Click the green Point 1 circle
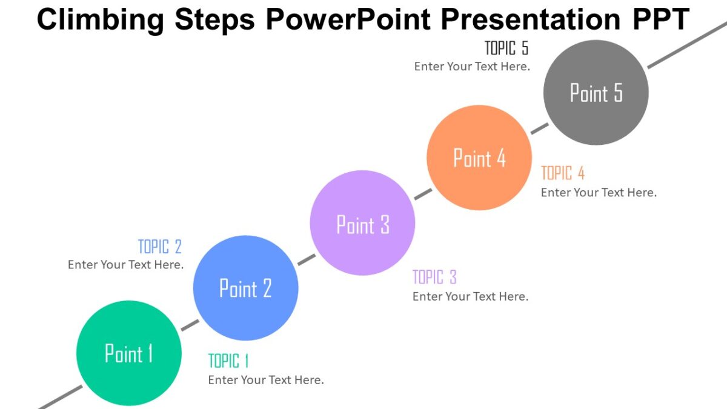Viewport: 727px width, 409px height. click(128, 353)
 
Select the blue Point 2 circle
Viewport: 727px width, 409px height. click(245, 288)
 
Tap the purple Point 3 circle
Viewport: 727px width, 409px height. click(362, 223)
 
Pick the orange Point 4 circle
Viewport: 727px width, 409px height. click(479, 158)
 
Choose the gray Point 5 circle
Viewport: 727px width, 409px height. click(596, 93)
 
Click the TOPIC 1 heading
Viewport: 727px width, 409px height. click(228, 361)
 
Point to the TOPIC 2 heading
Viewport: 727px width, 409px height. click(160, 247)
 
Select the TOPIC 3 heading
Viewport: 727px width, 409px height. click(434, 278)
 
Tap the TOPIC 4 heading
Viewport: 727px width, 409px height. click(563, 173)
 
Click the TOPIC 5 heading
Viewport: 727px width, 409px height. click(506, 48)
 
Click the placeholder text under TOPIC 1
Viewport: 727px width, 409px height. click(266, 380)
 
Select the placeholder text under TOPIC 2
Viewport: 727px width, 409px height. click(125, 265)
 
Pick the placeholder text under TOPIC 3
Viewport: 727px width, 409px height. click(470, 296)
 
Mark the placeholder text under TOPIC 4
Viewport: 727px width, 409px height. click(599, 193)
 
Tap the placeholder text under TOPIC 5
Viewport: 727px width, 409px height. click(472, 67)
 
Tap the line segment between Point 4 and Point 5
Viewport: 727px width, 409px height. click(540, 128)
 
